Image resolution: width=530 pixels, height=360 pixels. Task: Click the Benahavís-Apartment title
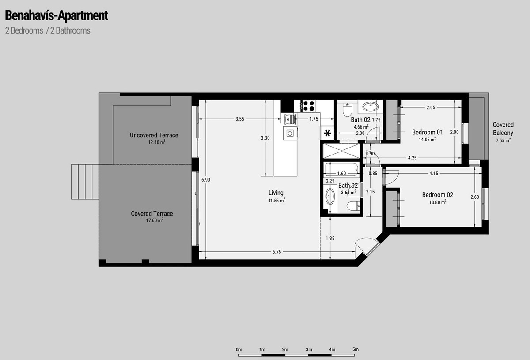(57, 15)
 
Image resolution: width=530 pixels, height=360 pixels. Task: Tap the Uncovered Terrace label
(154, 135)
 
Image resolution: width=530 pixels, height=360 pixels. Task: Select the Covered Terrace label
(152, 213)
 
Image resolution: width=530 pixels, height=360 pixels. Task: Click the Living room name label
(276, 193)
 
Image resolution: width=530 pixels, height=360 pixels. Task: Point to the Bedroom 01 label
(428, 132)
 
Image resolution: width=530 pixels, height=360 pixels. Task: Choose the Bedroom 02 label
(438, 194)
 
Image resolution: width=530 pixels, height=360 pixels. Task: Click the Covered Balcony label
(503, 129)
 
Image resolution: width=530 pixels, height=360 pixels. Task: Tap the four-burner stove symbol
(308, 106)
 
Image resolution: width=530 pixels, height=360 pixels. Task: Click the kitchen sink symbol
(290, 119)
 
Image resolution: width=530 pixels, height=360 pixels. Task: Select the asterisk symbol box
(327, 133)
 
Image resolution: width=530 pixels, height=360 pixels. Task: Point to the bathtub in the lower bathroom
(341, 170)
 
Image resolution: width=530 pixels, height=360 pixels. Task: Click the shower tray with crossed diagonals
(341, 151)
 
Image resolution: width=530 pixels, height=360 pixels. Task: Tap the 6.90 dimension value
(206, 180)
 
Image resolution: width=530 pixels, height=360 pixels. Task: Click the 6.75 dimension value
(276, 252)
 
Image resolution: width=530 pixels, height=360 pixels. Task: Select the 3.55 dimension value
(240, 119)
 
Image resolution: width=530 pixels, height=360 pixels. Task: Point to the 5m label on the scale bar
(356, 349)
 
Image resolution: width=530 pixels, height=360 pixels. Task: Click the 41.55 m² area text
(276, 201)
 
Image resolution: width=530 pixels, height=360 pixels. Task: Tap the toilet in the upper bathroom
(347, 109)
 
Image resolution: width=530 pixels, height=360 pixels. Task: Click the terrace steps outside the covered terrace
(85, 182)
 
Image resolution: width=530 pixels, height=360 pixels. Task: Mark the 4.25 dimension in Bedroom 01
(412, 158)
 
